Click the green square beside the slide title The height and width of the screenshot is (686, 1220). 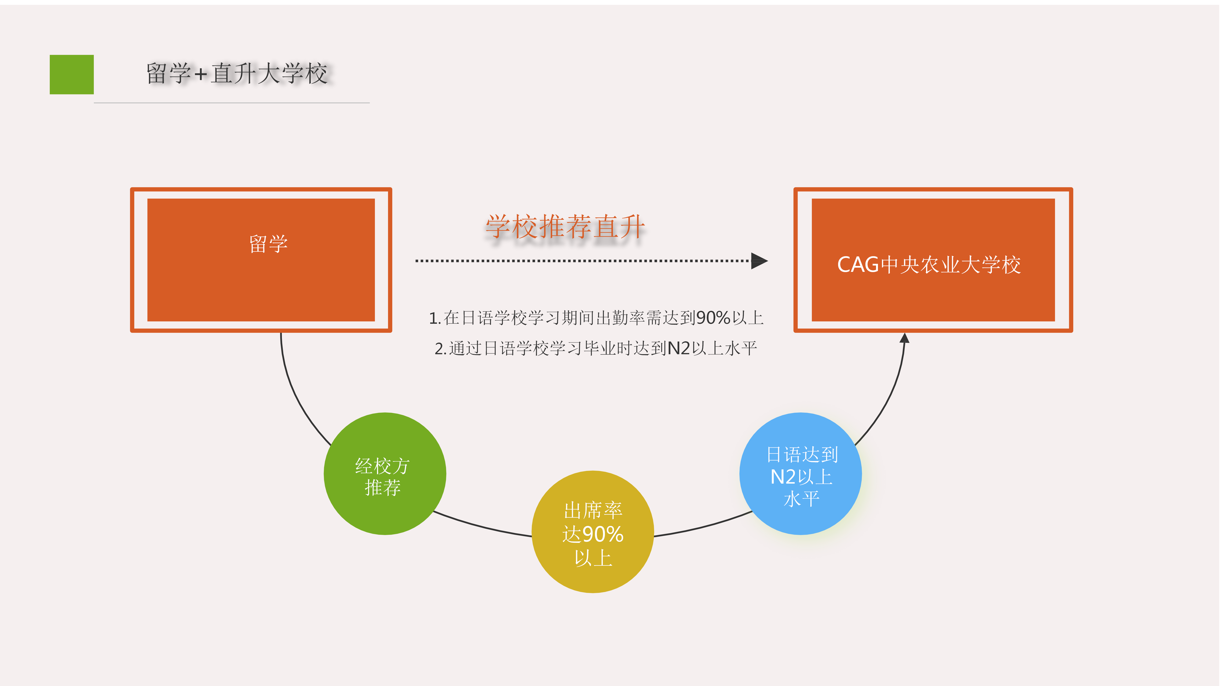pos(72,74)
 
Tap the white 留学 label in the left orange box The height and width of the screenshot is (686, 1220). pos(269,244)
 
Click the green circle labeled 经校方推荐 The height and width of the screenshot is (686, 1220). pos(385,474)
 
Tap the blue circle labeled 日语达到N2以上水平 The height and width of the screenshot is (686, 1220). pos(800,474)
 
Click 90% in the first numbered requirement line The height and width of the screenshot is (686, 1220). pos(713,318)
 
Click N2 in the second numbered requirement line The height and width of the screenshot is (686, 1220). pos(679,349)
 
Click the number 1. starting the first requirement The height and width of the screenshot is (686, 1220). pos(435,318)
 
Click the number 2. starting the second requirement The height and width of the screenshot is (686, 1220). pos(441,349)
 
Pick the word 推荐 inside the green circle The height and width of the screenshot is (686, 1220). pos(383,487)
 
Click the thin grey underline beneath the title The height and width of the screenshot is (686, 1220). pos(232,103)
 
